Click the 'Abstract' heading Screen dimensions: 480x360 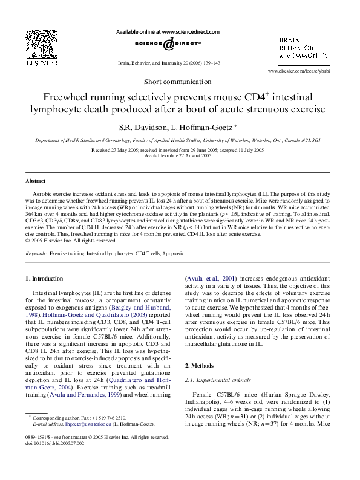point(35,181)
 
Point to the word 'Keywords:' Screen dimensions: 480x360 point(36,254)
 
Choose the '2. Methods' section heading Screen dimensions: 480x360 point(200,366)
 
